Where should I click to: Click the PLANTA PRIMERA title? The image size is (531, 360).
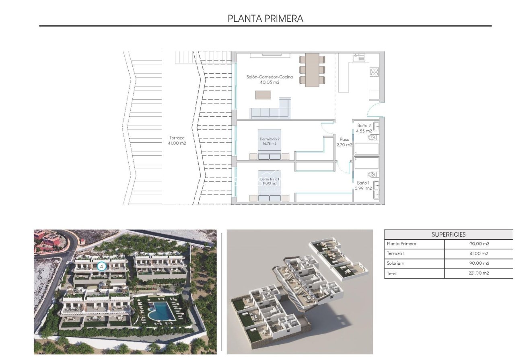265,19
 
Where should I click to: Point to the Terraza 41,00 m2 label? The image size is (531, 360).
177,140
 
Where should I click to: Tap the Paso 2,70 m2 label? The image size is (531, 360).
344,142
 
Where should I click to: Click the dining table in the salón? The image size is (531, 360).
312,70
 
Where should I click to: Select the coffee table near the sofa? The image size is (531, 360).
263,95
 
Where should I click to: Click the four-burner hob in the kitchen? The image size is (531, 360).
374,72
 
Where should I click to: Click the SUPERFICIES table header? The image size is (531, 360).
449,235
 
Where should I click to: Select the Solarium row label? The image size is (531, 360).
395,263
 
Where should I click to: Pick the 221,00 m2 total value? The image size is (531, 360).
478,274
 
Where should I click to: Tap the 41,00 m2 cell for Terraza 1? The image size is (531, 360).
478,254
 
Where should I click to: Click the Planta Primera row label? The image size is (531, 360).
401,244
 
